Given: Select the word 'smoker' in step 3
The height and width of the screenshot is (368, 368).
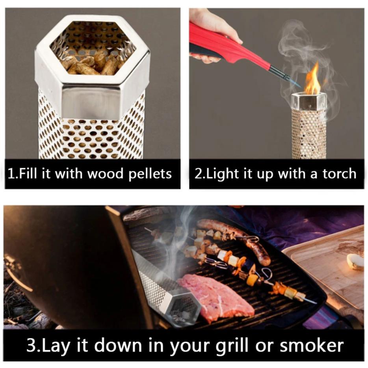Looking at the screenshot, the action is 312,345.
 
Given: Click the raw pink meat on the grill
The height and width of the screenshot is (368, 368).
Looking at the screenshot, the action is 216,298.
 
